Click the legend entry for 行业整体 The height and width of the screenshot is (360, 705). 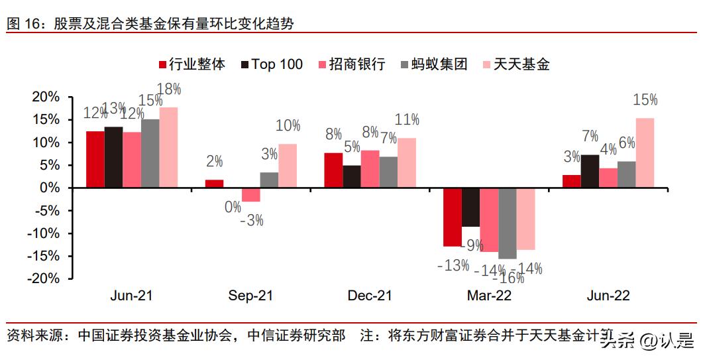coord(191,64)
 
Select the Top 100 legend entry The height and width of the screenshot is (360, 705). coord(272,64)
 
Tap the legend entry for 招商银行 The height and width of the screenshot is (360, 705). coord(352,64)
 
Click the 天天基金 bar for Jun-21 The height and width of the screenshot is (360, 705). coord(168,148)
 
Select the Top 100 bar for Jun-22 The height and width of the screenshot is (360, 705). coord(590,171)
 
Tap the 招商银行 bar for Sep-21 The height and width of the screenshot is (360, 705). coord(250,194)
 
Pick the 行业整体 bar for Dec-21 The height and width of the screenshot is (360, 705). coord(333,170)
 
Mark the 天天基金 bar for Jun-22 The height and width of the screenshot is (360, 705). coord(645,153)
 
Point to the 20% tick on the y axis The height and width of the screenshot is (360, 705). coord(46,97)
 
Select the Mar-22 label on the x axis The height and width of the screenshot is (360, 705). coord(489,296)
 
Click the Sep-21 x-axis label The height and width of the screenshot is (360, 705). coord(250,296)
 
